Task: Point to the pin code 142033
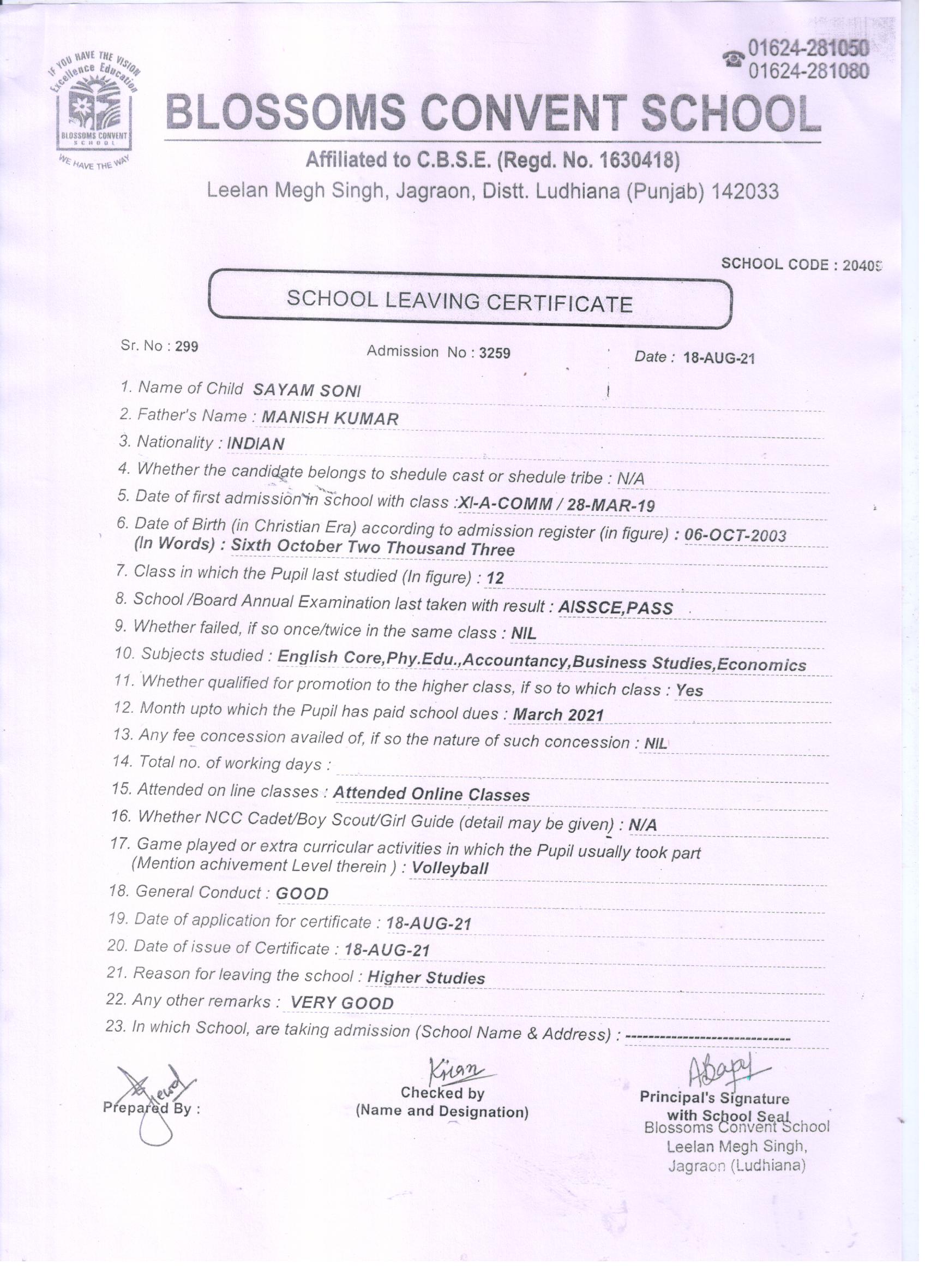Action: (x=745, y=192)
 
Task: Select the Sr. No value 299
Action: (x=187, y=347)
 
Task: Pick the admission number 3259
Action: (x=494, y=353)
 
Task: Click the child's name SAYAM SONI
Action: (x=307, y=390)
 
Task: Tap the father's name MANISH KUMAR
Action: (x=331, y=418)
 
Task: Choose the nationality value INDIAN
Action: (x=256, y=444)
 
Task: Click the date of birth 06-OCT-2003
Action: (x=736, y=534)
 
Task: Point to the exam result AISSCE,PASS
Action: (x=616, y=607)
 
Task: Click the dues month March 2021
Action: (x=558, y=714)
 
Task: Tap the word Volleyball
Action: (x=450, y=868)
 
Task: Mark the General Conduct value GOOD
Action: (x=303, y=893)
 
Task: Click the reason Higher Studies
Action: (x=425, y=978)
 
